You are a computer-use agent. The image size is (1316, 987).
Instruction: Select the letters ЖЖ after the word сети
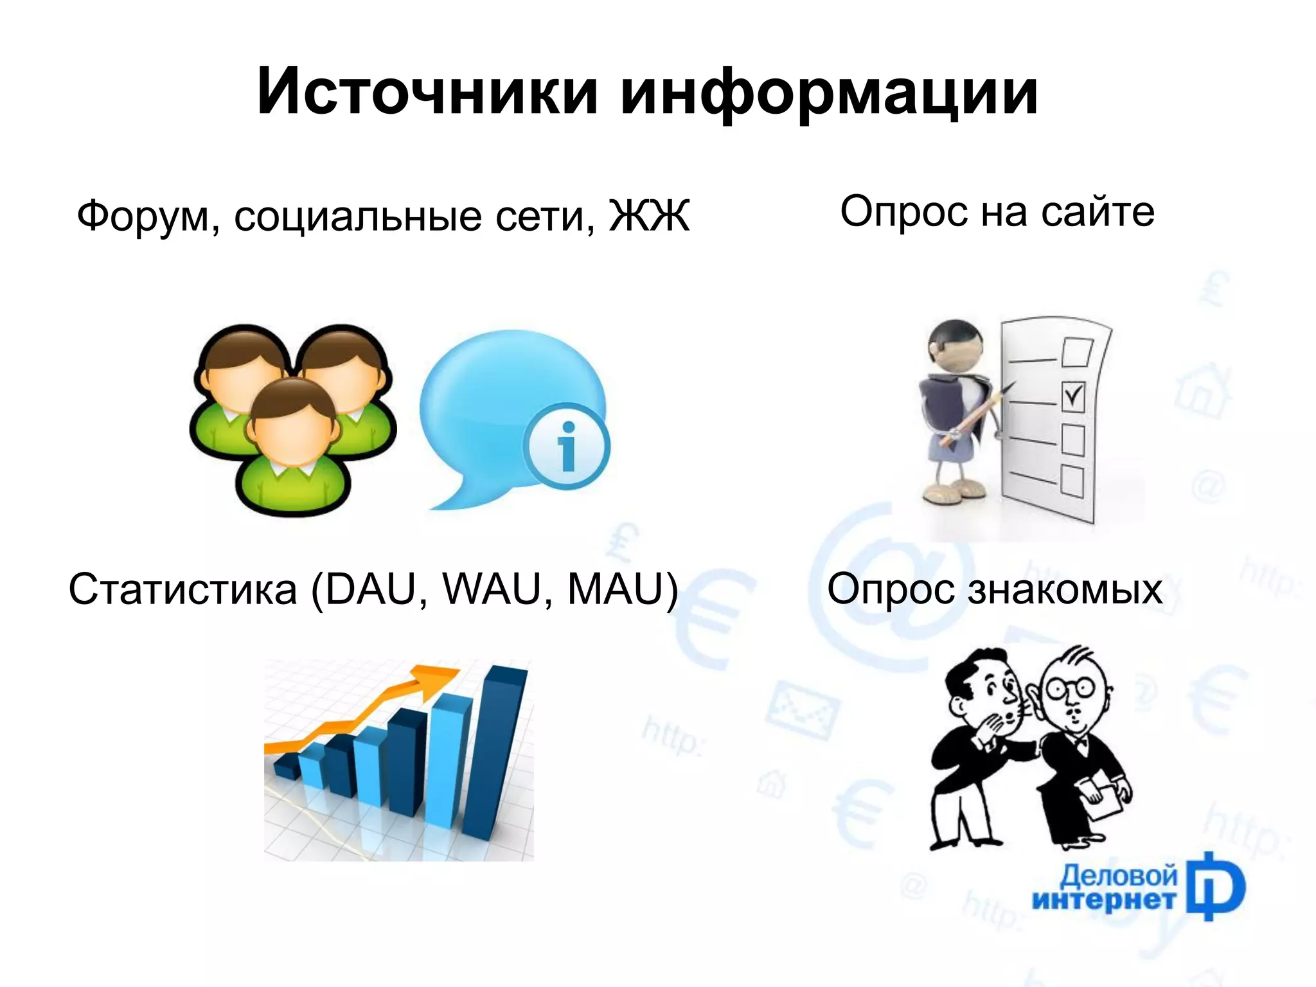point(649,216)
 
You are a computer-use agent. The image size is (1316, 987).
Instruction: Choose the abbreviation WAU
point(492,589)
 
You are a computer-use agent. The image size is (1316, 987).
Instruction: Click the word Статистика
point(182,589)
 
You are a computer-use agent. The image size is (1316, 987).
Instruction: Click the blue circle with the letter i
point(566,446)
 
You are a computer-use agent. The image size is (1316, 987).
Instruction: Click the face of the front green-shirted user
point(292,437)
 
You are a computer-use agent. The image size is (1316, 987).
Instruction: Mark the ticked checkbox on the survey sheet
point(1072,396)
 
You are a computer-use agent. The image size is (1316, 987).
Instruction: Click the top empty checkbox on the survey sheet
point(1077,352)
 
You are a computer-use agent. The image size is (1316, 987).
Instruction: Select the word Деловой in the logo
point(1118,875)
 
